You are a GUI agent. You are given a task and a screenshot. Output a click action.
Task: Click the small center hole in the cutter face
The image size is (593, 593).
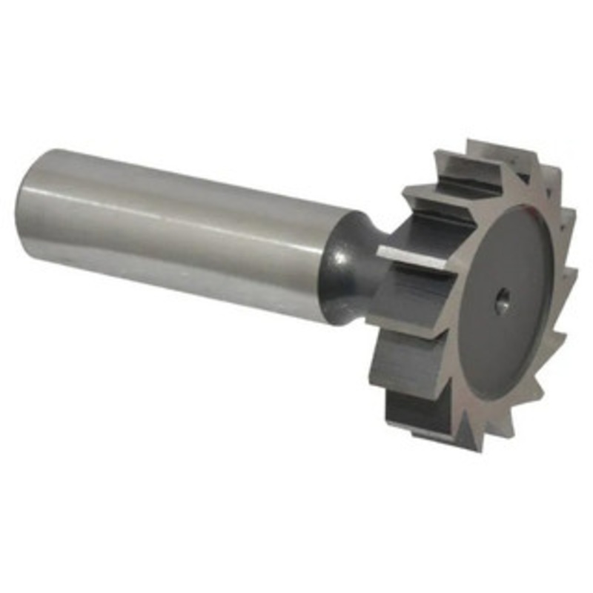(x=501, y=298)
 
